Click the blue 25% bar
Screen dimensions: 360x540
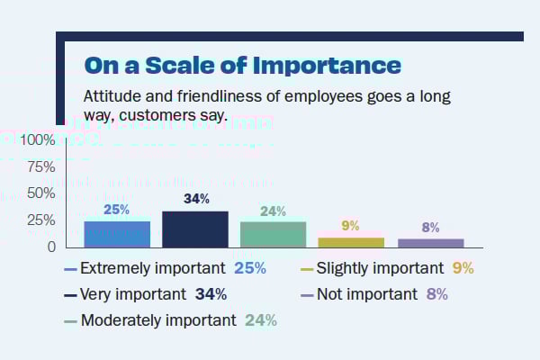tap(117, 233)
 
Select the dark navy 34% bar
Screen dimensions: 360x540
tap(194, 229)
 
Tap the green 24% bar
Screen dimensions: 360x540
tap(273, 233)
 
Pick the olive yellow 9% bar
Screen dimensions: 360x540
tap(351, 241)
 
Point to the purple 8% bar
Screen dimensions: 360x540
tap(430, 242)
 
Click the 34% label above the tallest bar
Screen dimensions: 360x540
tap(196, 199)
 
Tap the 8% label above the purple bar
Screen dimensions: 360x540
tap(430, 228)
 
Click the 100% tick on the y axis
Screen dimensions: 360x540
tap(37, 140)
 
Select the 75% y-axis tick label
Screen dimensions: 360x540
tap(40, 167)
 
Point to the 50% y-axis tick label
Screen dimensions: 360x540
tap(40, 193)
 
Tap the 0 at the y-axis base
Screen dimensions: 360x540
tap(52, 247)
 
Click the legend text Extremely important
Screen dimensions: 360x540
tap(152, 268)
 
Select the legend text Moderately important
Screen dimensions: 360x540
tap(158, 320)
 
